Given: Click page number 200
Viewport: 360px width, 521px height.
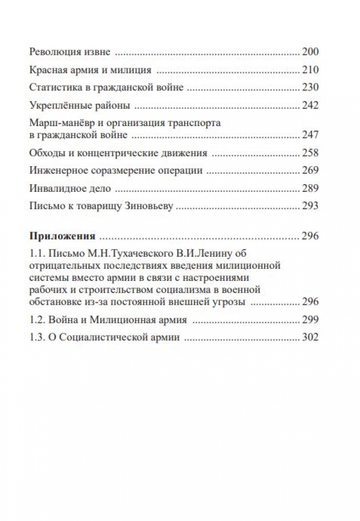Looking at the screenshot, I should tap(310, 52).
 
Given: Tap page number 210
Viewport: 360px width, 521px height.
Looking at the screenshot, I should tap(310, 70).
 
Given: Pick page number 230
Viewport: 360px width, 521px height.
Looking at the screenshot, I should tap(310, 87).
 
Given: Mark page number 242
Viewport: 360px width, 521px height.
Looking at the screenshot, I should tap(310, 105).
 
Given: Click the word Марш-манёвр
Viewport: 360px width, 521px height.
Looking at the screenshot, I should tap(58, 123).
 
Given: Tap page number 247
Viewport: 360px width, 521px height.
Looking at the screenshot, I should tap(310, 135).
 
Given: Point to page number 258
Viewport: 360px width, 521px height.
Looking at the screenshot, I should tap(310, 153).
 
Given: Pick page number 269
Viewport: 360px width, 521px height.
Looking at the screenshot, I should tap(310, 170).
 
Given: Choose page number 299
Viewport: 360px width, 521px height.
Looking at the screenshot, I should tap(310, 320).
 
